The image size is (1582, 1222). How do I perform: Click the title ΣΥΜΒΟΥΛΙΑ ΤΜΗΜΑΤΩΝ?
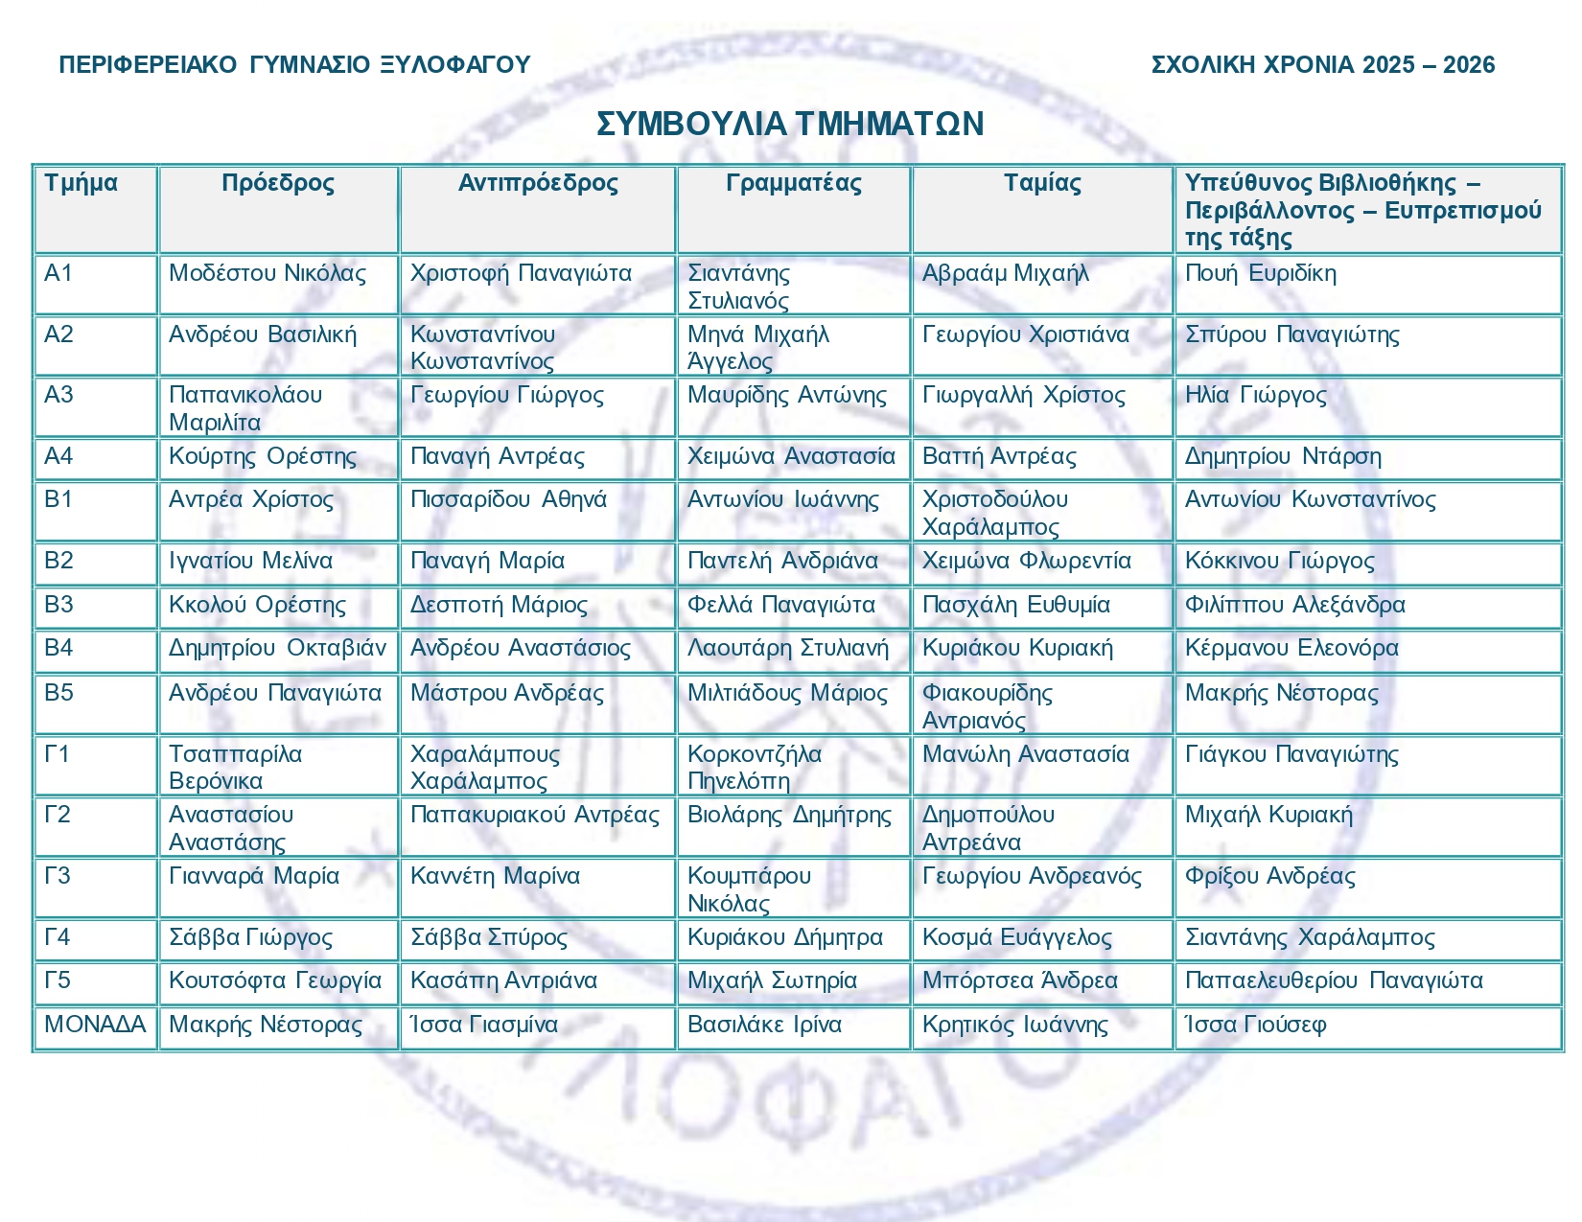tap(790, 124)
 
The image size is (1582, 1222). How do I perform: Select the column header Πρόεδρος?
tap(278, 183)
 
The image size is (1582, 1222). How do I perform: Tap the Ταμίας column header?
tap(1042, 183)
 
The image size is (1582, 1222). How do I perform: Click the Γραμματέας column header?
tap(793, 183)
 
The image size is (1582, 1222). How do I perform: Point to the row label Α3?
tap(58, 395)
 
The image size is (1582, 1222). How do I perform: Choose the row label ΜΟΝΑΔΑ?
tap(95, 1025)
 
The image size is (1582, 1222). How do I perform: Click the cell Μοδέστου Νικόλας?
tap(268, 274)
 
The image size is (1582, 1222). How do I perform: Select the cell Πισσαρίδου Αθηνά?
tap(508, 499)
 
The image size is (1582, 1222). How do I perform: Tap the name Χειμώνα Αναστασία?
tap(791, 456)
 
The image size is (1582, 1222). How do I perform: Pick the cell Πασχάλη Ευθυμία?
tap(1015, 605)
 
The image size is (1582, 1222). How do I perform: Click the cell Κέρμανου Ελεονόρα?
tap(1291, 648)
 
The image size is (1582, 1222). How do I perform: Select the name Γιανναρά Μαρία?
tap(254, 876)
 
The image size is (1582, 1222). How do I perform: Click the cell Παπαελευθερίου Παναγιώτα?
tap(1334, 980)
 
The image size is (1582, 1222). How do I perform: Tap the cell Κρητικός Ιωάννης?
tap(1014, 1025)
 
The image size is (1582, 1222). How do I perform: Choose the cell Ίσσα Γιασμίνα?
tap(483, 1025)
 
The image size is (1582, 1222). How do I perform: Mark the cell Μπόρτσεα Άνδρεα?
tap(1019, 980)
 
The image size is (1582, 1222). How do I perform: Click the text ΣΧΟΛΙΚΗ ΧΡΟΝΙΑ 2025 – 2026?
tap(1322, 64)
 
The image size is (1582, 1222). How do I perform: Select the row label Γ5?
tap(58, 980)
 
